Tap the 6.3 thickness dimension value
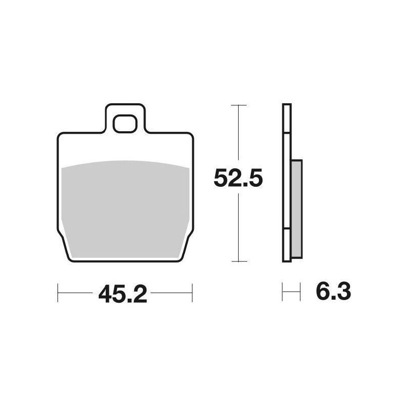click(x=333, y=293)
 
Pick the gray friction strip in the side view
click(x=297, y=209)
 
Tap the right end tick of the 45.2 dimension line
click(x=192, y=293)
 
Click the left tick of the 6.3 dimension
click(x=283, y=293)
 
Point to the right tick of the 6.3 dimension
click(x=300, y=293)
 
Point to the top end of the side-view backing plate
click(x=287, y=106)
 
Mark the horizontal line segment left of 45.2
click(x=76, y=293)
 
